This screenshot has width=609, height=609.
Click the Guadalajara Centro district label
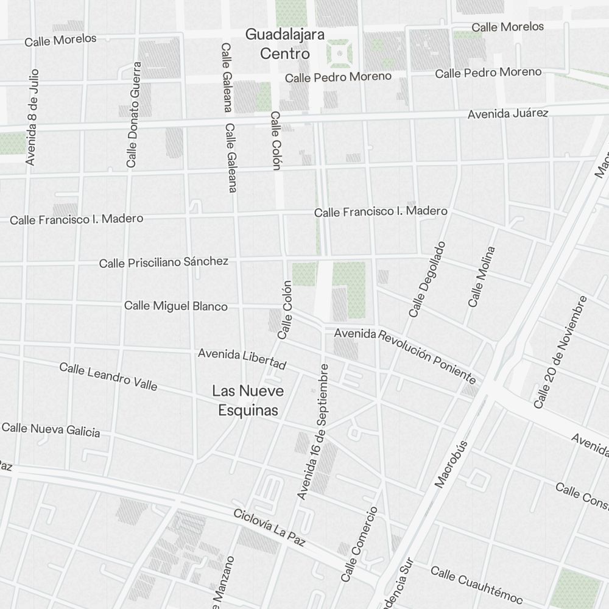click(285, 44)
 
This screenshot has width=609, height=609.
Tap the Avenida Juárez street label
click(508, 114)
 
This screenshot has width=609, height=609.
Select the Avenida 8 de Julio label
click(32, 116)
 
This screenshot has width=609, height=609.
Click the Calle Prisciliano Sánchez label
click(164, 262)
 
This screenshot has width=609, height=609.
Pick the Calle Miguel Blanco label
click(176, 306)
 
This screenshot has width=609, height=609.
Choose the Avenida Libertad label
click(242, 359)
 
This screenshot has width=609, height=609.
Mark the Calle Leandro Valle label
click(108, 377)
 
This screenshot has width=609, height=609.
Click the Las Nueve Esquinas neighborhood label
click(248, 400)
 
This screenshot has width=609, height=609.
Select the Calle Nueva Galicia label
click(51, 429)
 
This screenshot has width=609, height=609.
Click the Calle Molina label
click(482, 276)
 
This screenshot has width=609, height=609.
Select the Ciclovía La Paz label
click(269, 527)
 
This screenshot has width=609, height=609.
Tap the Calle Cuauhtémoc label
click(477, 583)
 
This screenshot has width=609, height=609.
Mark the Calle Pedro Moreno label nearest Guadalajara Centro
click(338, 77)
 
